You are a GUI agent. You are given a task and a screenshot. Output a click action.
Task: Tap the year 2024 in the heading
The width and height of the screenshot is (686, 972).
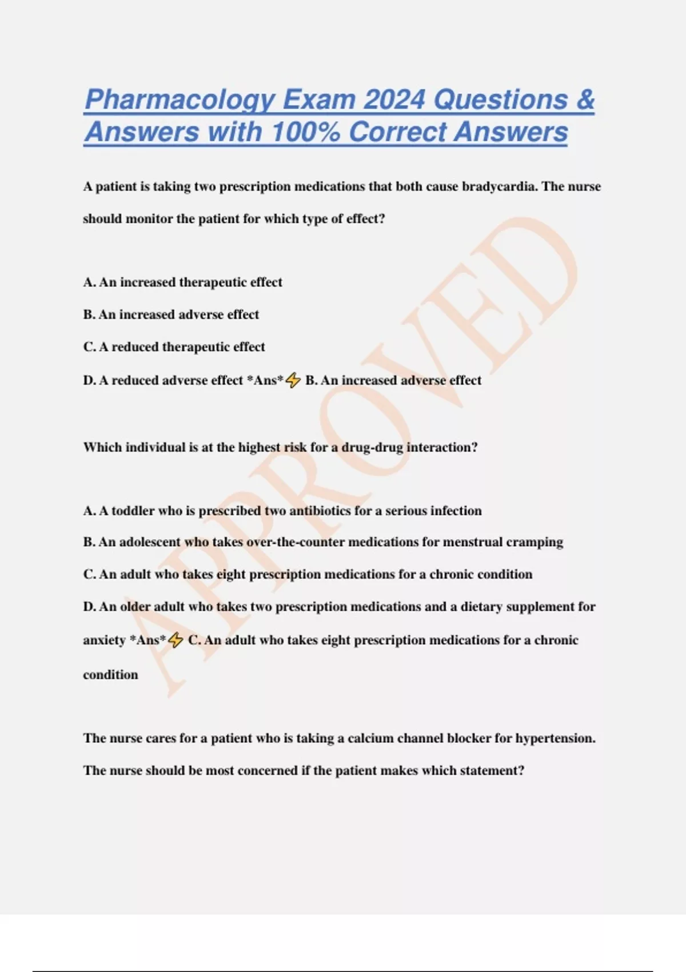tap(394, 100)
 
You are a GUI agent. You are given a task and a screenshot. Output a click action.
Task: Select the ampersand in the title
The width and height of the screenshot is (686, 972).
tap(585, 100)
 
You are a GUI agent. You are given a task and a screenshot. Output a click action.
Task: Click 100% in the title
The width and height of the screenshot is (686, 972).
tap(305, 132)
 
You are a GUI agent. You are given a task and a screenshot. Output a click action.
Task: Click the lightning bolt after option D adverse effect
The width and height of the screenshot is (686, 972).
tap(293, 380)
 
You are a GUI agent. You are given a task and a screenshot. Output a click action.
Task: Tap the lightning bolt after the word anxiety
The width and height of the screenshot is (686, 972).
tap(176, 640)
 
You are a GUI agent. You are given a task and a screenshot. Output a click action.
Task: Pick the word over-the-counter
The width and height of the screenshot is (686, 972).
tap(295, 542)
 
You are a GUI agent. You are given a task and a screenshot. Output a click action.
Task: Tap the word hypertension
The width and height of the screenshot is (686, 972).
tap(555, 738)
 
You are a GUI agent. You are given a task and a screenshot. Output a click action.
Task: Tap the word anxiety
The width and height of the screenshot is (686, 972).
tap(104, 640)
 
